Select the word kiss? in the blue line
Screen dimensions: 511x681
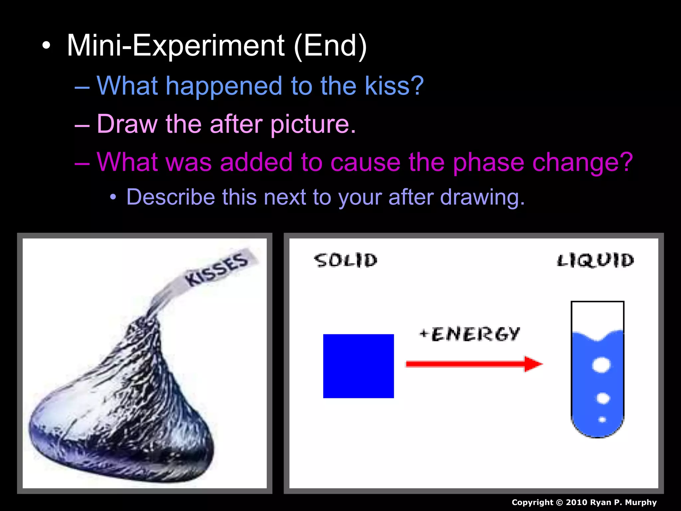click(394, 86)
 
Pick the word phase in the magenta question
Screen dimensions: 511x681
click(488, 162)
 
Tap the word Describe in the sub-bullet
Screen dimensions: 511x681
click(171, 197)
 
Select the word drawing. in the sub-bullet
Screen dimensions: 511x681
click(482, 197)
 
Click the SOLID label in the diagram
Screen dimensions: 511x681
click(346, 260)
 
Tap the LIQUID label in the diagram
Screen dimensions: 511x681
click(596, 260)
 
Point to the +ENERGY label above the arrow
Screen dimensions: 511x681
click(470, 334)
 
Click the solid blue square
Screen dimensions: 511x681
click(358, 366)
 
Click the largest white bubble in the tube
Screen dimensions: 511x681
click(601, 365)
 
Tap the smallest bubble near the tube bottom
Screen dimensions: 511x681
click(602, 420)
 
